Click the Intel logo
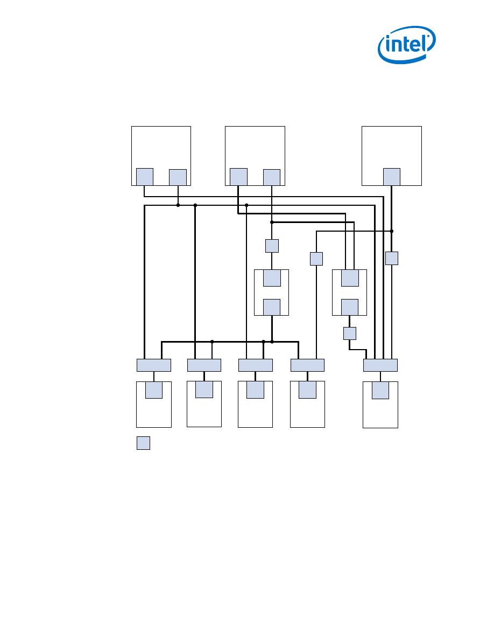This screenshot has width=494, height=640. click(406, 45)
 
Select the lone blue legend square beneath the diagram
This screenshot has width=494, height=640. click(143, 443)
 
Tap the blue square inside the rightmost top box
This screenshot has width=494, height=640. click(392, 177)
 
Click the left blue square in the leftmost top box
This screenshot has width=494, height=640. click(145, 177)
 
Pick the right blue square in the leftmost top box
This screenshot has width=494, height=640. click(178, 177)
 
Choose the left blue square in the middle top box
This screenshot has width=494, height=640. click(238, 177)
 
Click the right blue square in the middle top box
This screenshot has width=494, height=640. click(272, 177)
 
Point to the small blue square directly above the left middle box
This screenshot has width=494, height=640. click(272, 246)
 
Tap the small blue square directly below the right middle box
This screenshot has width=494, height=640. click(350, 333)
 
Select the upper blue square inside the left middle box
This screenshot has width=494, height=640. click(272, 278)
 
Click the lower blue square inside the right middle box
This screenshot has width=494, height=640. click(350, 307)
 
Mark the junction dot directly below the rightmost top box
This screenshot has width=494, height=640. click(392, 231)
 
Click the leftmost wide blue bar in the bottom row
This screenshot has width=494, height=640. click(154, 365)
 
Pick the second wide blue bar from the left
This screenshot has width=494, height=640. click(204, 365)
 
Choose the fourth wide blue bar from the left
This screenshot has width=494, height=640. click(307, 365)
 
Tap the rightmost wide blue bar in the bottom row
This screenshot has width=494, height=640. click(380, 365)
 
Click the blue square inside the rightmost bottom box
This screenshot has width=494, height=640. click(380, 391)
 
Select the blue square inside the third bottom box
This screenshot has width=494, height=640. click(255, 390)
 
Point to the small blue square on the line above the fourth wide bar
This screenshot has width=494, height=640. click(316, 259)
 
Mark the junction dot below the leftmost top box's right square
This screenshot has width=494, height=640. click(178, 205)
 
